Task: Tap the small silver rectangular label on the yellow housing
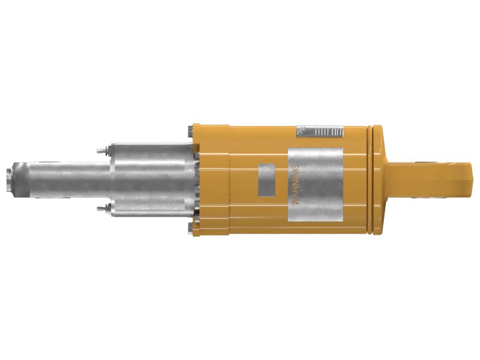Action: [x=266, y=178]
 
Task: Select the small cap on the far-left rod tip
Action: [x=9, y=179]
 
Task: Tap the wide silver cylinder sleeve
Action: [x=153, y=179]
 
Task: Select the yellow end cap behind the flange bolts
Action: [x=210, y=179]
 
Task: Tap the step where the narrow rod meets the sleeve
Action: [x=111, y=179]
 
